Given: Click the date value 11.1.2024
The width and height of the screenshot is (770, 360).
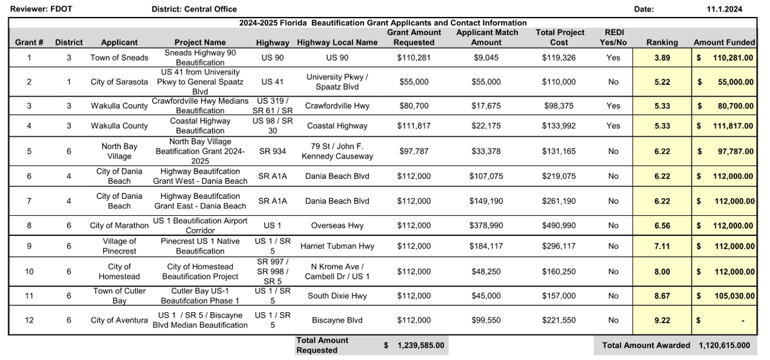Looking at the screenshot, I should click(x=724, y=9).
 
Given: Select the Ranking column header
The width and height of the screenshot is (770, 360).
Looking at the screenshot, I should click(x=662, y=42).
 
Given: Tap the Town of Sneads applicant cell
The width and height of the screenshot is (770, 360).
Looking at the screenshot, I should click(x=119, y=57).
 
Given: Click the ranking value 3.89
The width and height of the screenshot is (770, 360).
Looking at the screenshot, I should click(x=662, y=57).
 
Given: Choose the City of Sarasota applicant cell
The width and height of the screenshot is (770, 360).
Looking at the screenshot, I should click(x=119, y=82).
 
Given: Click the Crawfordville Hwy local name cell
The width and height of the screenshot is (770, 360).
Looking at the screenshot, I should click(x=337, y=106).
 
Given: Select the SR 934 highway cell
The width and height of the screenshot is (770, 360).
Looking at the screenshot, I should click(x=273, y=151).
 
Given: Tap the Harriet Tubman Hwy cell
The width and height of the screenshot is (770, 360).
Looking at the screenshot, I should click(x=337, y=246).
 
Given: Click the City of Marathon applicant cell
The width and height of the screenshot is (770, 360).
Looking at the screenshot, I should click(x=119, y=225).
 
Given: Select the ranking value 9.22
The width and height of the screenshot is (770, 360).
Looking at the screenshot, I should click(x=662, y=320).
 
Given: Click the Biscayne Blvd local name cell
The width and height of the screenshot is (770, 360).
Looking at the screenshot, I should click(x=337, y=320).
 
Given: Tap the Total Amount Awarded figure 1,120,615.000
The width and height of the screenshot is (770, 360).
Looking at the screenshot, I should click(x=724, y=346).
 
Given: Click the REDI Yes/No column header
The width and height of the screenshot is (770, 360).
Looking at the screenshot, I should click(x=615, y=37).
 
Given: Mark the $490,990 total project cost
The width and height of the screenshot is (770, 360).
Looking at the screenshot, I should click(x=558, y=225).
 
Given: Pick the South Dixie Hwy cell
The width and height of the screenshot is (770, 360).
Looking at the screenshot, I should click(x=337, y=296).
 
